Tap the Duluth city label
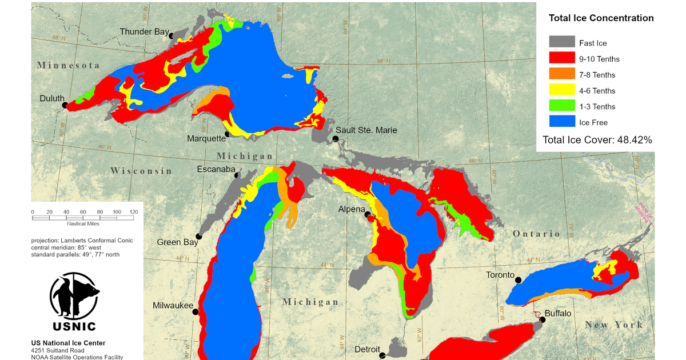coord(51,98)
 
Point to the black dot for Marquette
coord(228,134)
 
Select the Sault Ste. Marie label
coord(366,130)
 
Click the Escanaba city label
coord(216,169)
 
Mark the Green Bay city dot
coord(199,236)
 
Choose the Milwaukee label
coord(173,306)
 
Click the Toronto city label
coord(500,275)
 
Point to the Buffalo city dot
coord(543,320)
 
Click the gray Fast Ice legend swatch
coord(562,42)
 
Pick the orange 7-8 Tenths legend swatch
coord(562,74)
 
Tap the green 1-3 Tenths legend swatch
coord(562,106)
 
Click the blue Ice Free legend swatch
coord(562,122)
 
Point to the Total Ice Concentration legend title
coord(601,18)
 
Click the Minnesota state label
coord(69,66)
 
